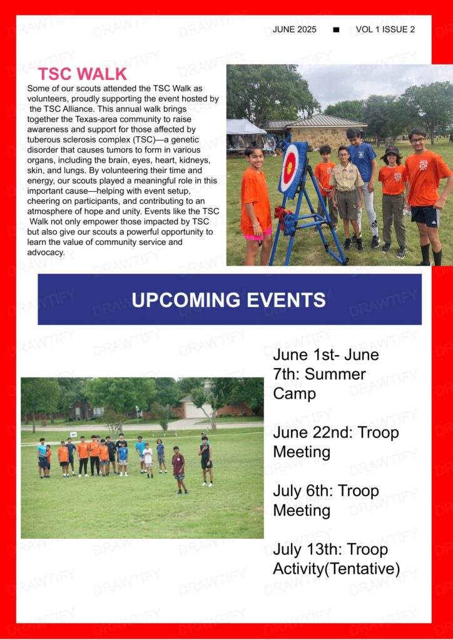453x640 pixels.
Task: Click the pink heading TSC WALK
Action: (83, 74)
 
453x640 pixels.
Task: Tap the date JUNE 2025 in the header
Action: (295, 29)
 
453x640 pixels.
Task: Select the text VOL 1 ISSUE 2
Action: (385, 29)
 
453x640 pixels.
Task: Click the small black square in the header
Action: (336, 30)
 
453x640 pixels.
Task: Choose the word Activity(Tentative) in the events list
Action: (337, 569)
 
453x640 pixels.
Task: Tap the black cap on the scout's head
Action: (392, 151)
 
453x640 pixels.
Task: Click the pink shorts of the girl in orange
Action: (257, 235)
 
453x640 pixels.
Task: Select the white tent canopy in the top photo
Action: (245, 127)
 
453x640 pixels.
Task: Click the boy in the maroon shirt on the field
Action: (179, 469)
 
